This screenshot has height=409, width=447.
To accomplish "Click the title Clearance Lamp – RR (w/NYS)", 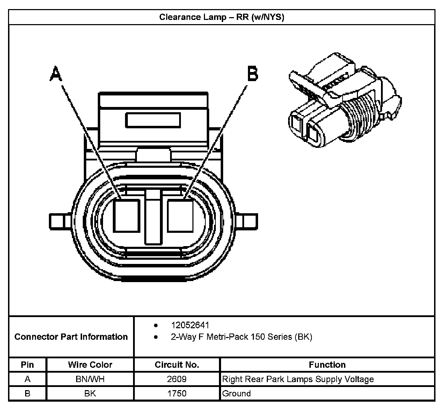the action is [x=222, y=17].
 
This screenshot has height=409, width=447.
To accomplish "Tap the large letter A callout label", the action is [x=56, y=73].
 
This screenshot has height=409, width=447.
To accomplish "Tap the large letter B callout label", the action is [x=253, y=73].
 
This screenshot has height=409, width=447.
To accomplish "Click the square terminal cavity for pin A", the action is [x=126, y=216].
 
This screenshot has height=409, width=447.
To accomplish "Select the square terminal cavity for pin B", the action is [x=180, y=216].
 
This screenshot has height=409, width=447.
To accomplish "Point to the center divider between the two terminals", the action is [x=153, y=217].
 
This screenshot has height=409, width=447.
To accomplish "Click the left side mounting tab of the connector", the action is [x=60, y=222].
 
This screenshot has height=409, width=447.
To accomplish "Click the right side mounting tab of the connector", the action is [x=247, y=222].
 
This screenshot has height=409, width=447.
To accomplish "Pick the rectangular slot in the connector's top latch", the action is [x=153, y=120].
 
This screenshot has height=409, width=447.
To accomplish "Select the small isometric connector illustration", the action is [x=345, y=100].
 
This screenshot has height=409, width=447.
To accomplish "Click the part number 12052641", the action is [x=190, y=325].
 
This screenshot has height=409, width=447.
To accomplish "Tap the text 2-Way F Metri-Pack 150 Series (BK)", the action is [x=242, y=337].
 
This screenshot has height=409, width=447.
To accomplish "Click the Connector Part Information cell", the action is [x=71, y=337].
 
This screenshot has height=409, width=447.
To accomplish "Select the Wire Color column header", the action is [x=90, y=365].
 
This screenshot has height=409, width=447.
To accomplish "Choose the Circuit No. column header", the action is [x=177, y=365].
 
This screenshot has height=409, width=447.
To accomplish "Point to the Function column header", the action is [x=327, y=365].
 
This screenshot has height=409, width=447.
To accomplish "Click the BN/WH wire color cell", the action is [x=90, y=379].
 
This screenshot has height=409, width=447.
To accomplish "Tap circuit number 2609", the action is [x=177, y=379].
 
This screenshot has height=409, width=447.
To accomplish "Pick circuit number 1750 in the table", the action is [x=177, y=393].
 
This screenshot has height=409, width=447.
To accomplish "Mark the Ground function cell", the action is [x=327, y=393].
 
